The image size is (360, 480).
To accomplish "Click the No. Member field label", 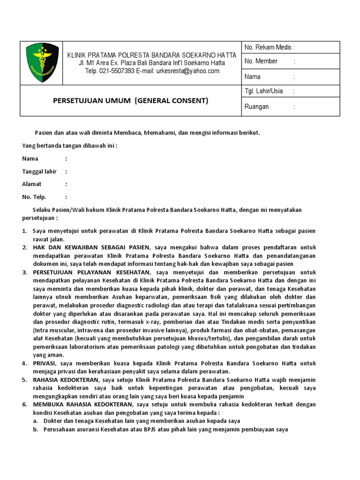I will pos(261,61).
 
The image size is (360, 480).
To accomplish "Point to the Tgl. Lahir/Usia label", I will pos(263,91).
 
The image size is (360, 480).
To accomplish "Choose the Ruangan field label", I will pos(257,107).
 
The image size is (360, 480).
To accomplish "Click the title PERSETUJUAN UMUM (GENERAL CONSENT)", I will pos(130,100).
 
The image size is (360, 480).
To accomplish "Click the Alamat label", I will pos(32,184).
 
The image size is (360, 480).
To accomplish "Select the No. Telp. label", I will pos(34,197).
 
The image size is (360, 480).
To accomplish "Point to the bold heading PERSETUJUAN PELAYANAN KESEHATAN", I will pos(92,272).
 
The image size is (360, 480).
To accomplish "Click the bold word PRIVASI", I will pos(45,363).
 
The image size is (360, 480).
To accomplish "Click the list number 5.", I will pos(24,380).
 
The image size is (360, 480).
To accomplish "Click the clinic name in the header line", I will pos(151,55).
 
